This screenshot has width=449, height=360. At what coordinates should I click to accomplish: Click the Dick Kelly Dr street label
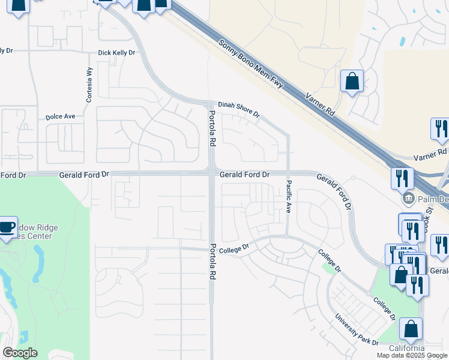(x=116, y=53)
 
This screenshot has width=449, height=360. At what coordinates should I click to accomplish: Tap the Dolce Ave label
(x=60, y=116)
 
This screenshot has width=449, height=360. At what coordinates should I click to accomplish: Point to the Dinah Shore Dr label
(x=238, y=108)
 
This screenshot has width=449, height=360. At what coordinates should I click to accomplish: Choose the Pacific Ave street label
(x=289, y=197)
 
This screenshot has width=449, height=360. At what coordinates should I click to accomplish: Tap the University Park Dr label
(x=357, y=329)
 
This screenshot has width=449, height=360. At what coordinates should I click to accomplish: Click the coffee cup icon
(x=7, y=227)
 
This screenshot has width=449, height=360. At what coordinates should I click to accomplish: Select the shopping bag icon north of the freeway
(x=352, y=80)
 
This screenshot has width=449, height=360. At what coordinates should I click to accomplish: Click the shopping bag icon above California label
(x=411, y=329)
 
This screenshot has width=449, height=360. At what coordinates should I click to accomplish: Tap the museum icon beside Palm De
(x=408, y=198)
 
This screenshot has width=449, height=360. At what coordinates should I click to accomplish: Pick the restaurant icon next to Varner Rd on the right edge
(x=440, y=129)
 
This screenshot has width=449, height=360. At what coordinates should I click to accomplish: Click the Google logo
(x=20, y=353)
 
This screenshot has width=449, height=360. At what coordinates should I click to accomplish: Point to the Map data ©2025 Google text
(x=412, y=355)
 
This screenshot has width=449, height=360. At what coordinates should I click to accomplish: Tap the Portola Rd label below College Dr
(x=212, y=263)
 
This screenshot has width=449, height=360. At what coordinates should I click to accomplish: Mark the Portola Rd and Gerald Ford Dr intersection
(x=212, y=174)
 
